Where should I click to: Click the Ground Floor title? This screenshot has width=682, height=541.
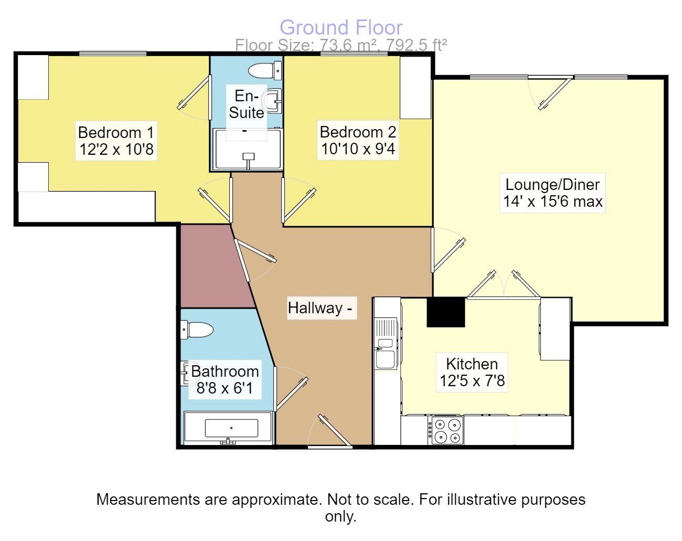click(x=341, y=27)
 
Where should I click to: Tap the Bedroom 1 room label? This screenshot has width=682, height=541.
click(x=116, y=132)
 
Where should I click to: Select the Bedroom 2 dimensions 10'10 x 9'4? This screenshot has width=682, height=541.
click(x=358, y=149)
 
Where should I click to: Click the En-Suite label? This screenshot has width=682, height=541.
click(x=246, y=104)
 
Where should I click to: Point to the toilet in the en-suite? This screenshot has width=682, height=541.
click(x=264, y=70)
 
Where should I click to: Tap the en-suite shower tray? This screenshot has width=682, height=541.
click(x=248, y=150)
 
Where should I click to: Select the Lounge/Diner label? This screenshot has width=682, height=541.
click(x=552, y=185)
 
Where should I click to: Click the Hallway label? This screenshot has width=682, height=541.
click(x=315, y=308)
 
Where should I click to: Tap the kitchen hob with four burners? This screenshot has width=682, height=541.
click(x=447, y=430)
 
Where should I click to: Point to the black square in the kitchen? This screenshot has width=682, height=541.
click(x=446, y=312)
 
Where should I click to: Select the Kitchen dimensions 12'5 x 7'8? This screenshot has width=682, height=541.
click(x=472, y=380)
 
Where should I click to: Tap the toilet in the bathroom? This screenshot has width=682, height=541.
click(x=198, y=330)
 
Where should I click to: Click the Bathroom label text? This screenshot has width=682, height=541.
click(x=225, y=372)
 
